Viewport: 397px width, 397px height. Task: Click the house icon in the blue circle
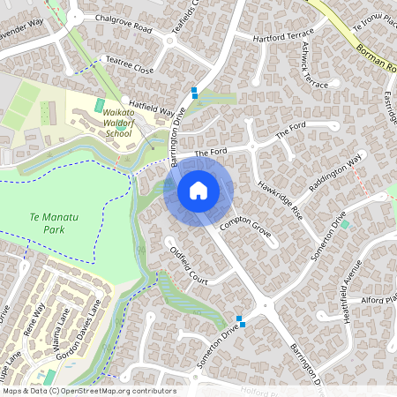pos(198,190)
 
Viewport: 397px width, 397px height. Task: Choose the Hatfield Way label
pos(152,107)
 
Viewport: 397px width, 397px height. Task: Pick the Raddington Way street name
pos(335,176)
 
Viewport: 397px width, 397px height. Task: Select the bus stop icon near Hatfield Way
pos(194,91)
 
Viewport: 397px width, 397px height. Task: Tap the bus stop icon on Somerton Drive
pos(238,319)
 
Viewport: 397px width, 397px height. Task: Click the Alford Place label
pos(380,300)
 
